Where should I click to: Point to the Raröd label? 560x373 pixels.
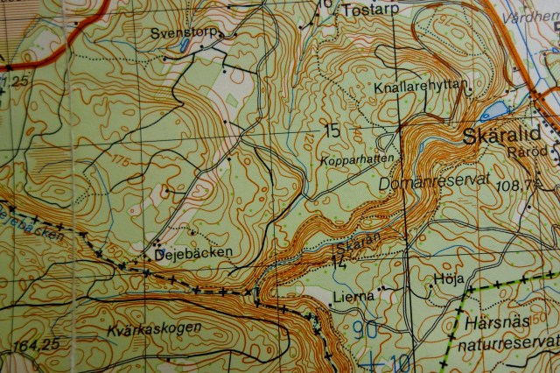[x=526, y=151]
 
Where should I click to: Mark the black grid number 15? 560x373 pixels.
[x=330, y=132]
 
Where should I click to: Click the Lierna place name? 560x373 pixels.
[x=353, y=296]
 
